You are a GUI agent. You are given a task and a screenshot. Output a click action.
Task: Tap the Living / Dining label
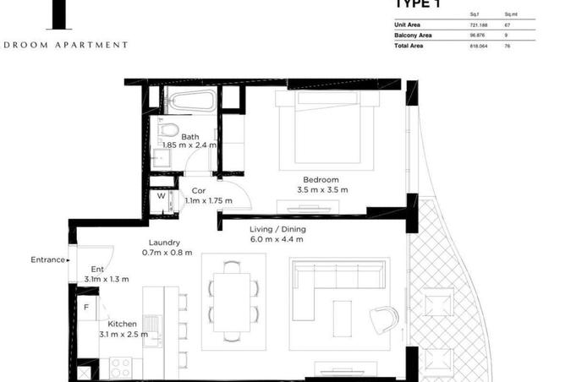tap(277, 229)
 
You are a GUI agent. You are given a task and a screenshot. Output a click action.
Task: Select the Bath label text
tap(190, 137)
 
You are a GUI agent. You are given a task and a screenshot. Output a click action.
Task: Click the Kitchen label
tap(123, 324)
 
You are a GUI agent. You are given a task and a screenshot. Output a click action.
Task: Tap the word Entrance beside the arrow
tap(47, 259)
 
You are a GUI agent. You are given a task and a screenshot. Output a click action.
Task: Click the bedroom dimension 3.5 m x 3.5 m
tap(321, 190)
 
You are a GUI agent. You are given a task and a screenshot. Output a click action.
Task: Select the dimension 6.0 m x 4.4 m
tap(277, 239)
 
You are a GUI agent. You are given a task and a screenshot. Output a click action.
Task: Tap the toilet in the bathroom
tap(168, 132)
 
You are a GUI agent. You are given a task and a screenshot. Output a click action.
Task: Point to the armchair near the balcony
tap(383, 319)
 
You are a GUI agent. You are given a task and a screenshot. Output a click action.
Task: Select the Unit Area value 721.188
tap(479, 25)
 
